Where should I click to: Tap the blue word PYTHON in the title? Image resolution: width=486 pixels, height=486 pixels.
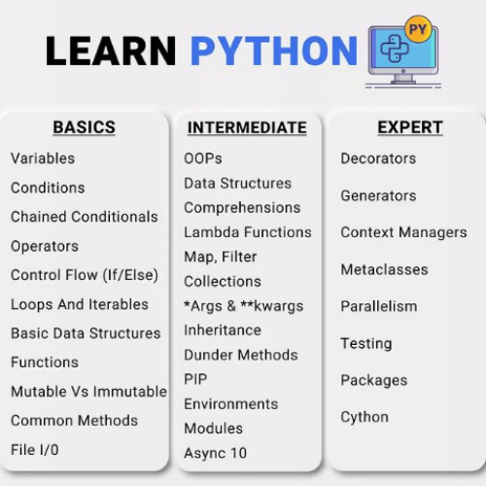274,51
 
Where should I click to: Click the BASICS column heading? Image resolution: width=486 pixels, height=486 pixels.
84,127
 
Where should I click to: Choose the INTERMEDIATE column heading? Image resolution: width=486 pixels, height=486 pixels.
247,128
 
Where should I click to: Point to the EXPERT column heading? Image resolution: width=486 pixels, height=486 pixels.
410,127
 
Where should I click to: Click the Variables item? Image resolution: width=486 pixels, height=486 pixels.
43,158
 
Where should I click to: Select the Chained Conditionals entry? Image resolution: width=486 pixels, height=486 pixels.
84,217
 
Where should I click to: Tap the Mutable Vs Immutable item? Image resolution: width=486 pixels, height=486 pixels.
88,392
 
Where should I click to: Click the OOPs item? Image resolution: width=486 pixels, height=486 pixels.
202,158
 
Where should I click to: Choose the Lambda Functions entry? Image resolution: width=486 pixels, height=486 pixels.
248,232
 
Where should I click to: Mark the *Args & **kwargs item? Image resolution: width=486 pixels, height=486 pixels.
243,306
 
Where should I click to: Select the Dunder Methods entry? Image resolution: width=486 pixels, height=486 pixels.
240,355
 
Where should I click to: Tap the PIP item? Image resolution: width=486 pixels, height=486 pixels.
195,379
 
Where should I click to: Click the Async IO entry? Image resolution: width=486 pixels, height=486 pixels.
215,453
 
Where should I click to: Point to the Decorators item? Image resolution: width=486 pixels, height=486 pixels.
378,158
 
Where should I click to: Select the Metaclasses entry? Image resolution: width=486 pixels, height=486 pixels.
384,269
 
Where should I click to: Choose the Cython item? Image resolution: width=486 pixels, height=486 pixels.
364,417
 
